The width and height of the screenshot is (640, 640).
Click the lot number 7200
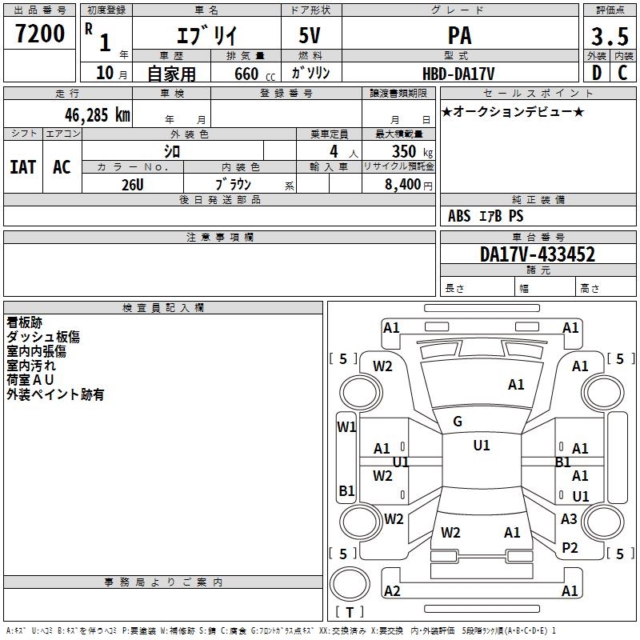[40, 34]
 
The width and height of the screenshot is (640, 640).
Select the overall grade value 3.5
[610, 36]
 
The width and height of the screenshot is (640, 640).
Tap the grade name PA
[459, 35]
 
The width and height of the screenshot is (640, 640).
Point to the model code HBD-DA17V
[458, 74]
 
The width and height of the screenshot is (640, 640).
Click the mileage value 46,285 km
[97, 115]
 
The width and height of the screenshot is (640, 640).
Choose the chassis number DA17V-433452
[538, 254]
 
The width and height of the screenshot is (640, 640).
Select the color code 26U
[133, 185]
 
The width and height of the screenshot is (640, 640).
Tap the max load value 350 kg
[412, 151]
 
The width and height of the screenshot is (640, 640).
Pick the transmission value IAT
[23, 167]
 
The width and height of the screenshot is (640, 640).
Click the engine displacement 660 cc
[254, 74]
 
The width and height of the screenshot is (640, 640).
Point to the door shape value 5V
[310, 35]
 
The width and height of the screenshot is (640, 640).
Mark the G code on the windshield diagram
[458, 422]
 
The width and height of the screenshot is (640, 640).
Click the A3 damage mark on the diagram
[569, 518]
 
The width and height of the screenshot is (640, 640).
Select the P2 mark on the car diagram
[570, 548]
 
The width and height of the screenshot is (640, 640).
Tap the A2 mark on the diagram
[392, 590]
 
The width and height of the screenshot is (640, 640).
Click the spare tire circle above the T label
[350, 584]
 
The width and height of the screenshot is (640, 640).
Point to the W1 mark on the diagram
[346, 427]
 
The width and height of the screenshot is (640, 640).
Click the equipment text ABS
[459, 215]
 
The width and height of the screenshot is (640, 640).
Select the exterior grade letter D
[597, 73]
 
